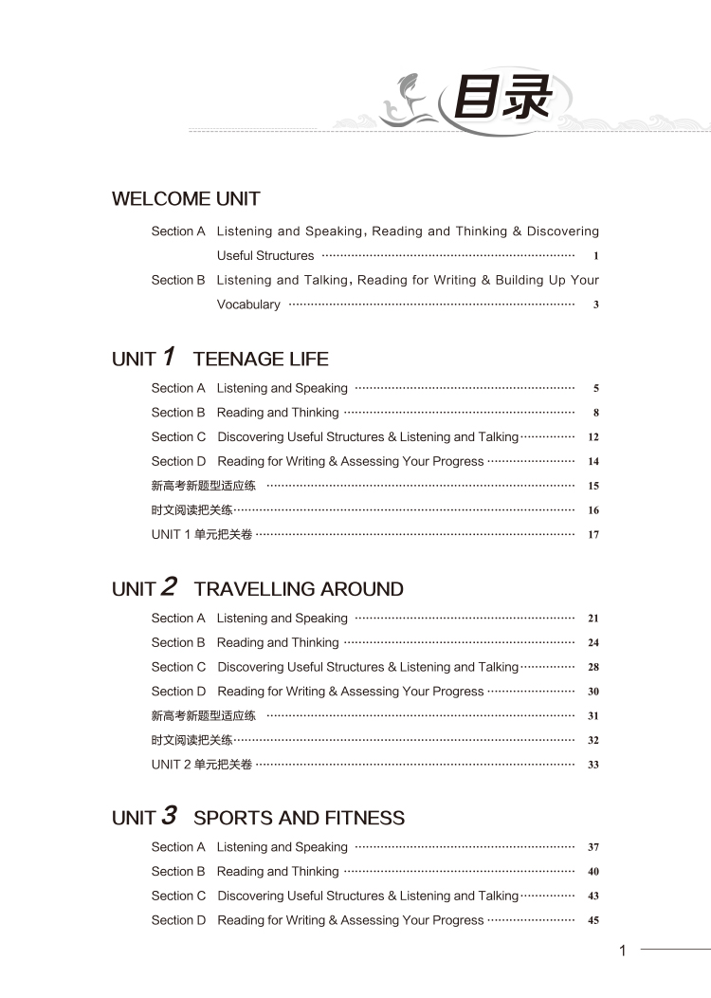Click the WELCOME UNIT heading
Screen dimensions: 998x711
[x=186, y=199]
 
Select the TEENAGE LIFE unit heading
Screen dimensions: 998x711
[x=261, y=360]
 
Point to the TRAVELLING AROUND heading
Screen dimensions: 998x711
[x=299, y=589]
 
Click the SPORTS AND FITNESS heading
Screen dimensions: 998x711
[x=299, y=818]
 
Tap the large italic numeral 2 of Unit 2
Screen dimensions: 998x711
[x=169, y=587]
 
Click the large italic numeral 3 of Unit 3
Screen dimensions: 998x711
[x=169, y=816]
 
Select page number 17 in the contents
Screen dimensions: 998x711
[x=593, y=535]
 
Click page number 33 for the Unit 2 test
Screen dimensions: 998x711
[x=593, y=765]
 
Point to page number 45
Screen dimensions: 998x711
[x=593, y=920]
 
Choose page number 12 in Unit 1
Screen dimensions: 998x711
[x=593, y=437]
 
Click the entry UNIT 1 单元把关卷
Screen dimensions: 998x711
[x=202, y=535]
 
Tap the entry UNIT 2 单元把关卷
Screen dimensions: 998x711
[x=202, y=765]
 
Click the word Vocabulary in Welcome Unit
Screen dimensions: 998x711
[x=248, y=305]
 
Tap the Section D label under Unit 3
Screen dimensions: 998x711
[x=178, y=920]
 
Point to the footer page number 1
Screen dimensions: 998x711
[x=623, y=951]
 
